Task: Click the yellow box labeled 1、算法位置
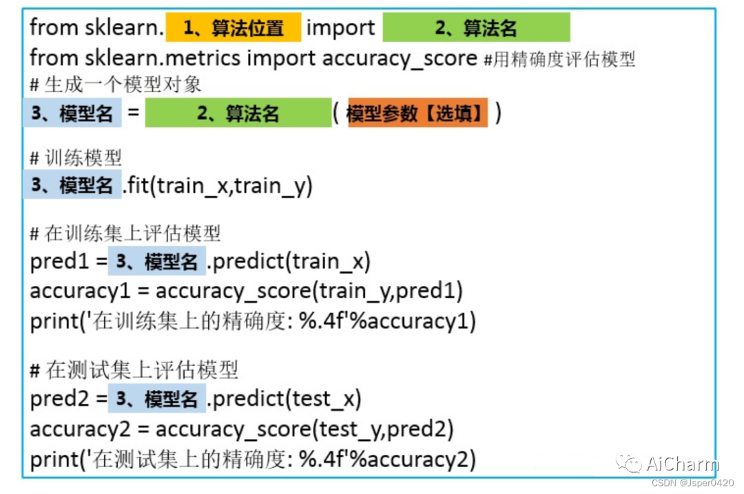tap(233, 28)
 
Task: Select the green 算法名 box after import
tap(476, 28)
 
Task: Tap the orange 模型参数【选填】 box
tap(417, 114)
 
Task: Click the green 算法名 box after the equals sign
tap(238, 114)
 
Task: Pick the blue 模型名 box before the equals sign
tap(72, 114)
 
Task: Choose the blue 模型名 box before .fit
tap(72, 185)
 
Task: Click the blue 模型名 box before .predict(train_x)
tap(156, 262)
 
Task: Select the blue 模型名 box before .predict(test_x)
tap(156, 399)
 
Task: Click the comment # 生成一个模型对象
tap(116, 85)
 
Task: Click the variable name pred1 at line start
tap(59, 263)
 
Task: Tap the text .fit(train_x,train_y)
tap(218, 186)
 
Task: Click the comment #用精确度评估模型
tap(559, 59)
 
